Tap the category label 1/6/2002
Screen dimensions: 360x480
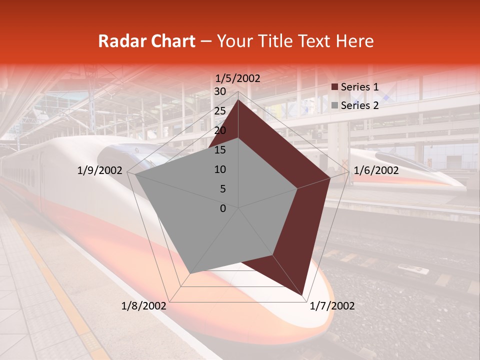(x=376, y=170)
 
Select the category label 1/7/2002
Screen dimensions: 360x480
(x=332, y=306)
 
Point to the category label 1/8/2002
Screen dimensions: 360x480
(x=144, y=306)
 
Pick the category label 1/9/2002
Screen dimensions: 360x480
(x=100, y=170)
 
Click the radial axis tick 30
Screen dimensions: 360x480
(x=220, y=91)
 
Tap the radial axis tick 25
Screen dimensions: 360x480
(x=220, y=111)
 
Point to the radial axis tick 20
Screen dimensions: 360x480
(x=220, y=130)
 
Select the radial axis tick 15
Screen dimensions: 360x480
(x=220, y=150)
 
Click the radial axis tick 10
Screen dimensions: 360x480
(x=220, y=169)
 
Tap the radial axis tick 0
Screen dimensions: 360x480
(x=223, y=208)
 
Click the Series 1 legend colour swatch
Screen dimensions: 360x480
(x=334, y=87)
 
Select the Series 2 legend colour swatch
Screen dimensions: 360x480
(x=334, y=105)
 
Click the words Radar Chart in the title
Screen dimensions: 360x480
(x=146, y=41)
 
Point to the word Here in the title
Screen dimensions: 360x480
(x=354, y=41)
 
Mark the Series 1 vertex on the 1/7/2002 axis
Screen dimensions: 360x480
(x=302, y=295)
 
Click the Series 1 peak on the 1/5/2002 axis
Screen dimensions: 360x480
(x=238, y=99)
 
